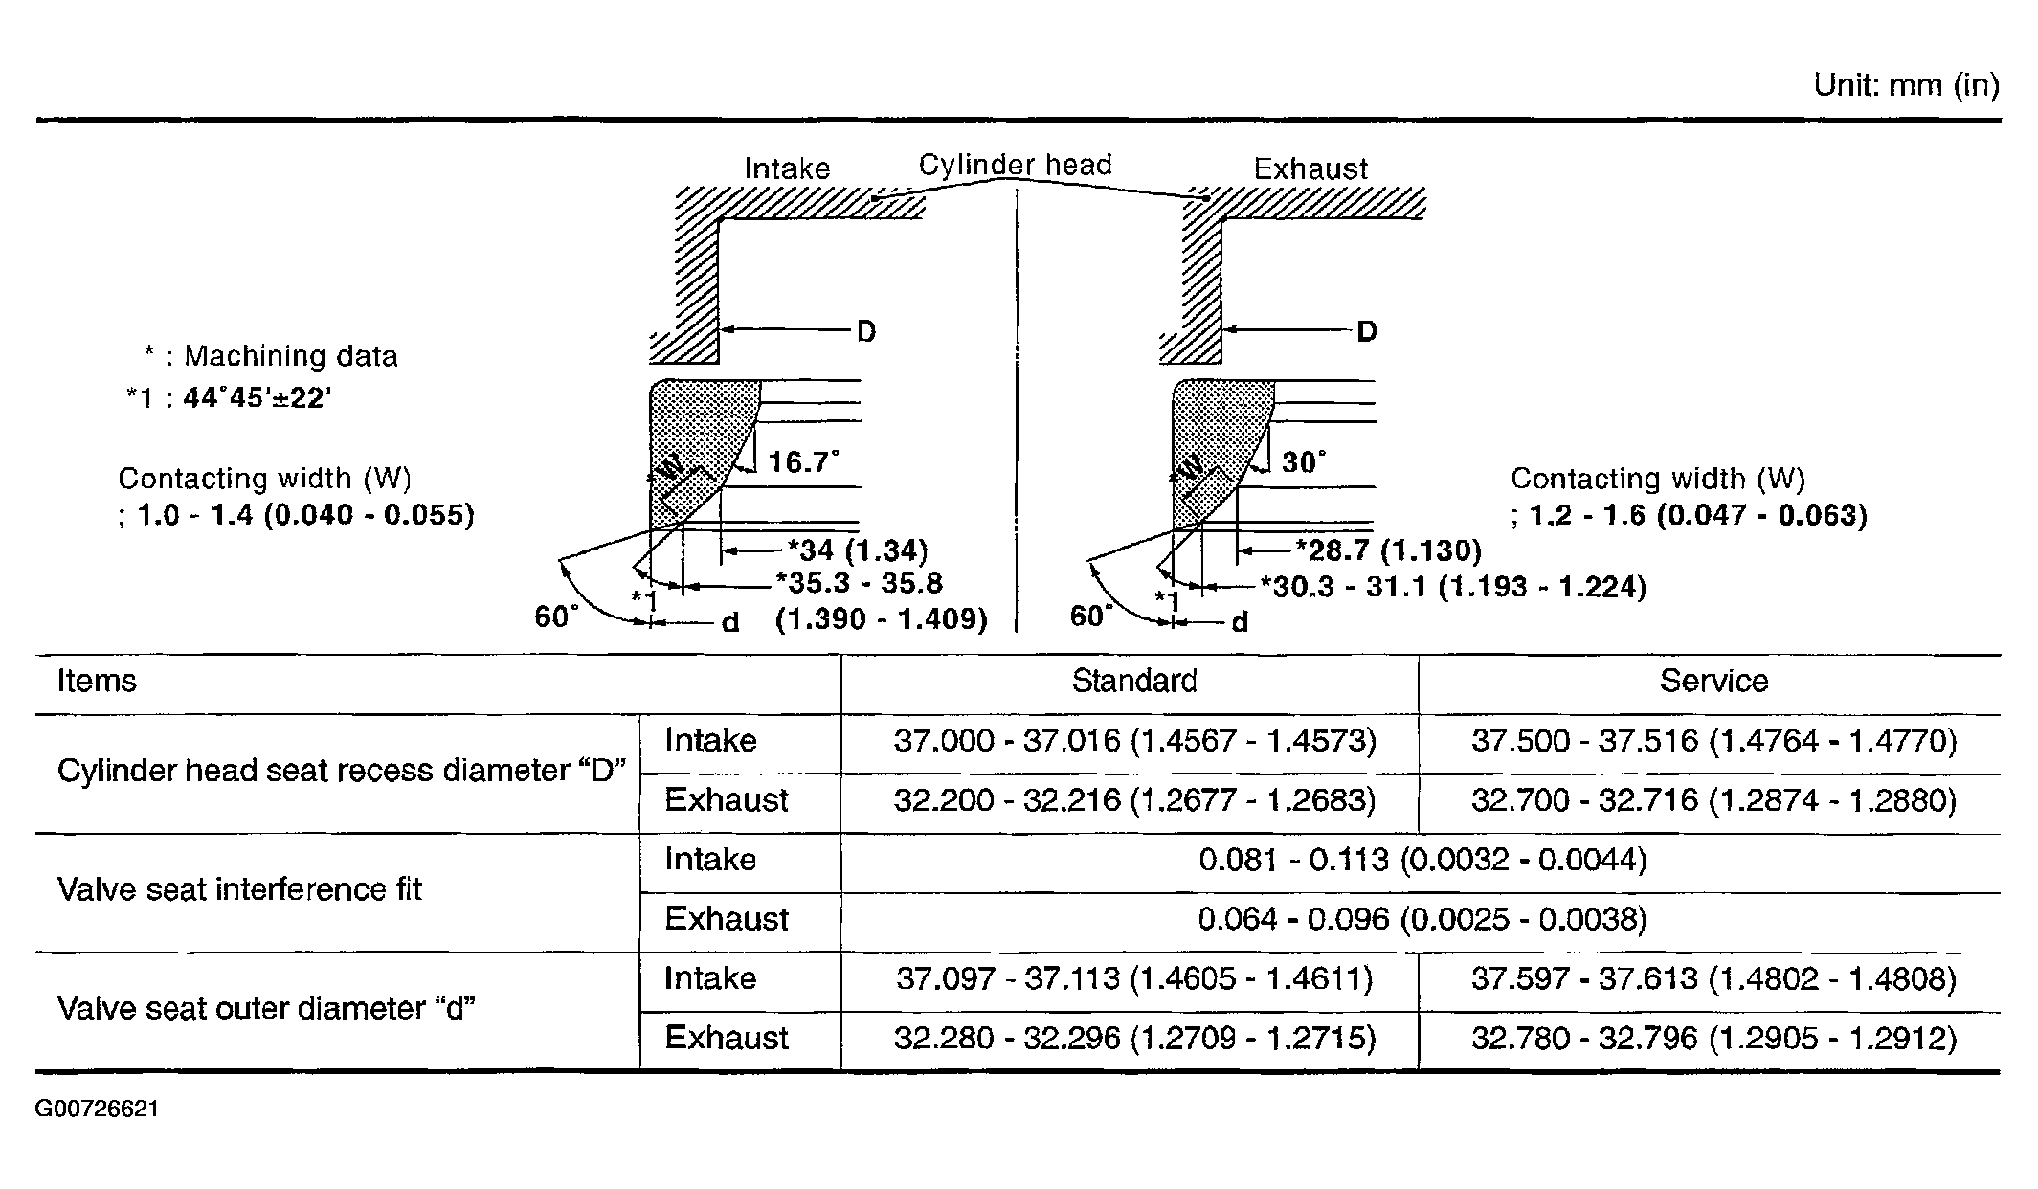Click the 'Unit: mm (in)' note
[x=1906, y=85]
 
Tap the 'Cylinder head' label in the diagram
[x=1015, y=165]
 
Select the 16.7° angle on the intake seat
[x=803, y=462]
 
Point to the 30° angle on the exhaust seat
[x=1304, y=462]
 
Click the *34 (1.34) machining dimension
[x=858, y=550]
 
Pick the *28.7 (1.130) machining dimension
[x=1388, y=550]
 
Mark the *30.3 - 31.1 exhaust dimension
[x=1453, y=586]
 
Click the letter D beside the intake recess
[x=865, y=331]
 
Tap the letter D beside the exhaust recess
[x=1367, y=331]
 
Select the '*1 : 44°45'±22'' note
[x=229, y=397]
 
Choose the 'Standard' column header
[x=1134, y=681]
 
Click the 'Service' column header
[x=1713, y=681]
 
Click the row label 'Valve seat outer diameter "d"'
[x=267, y=1008]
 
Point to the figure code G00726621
[x=97, y=1109]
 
